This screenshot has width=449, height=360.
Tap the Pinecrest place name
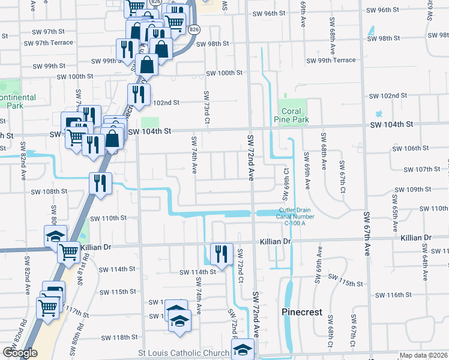click(x=303, y=313)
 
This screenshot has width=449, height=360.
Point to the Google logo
click(x=20, y=353)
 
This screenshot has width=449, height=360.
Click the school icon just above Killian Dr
click(x=56, y=236)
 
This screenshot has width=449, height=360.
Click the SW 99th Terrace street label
click(x=331, y=61)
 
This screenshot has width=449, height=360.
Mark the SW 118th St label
click(x=119, y=337)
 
